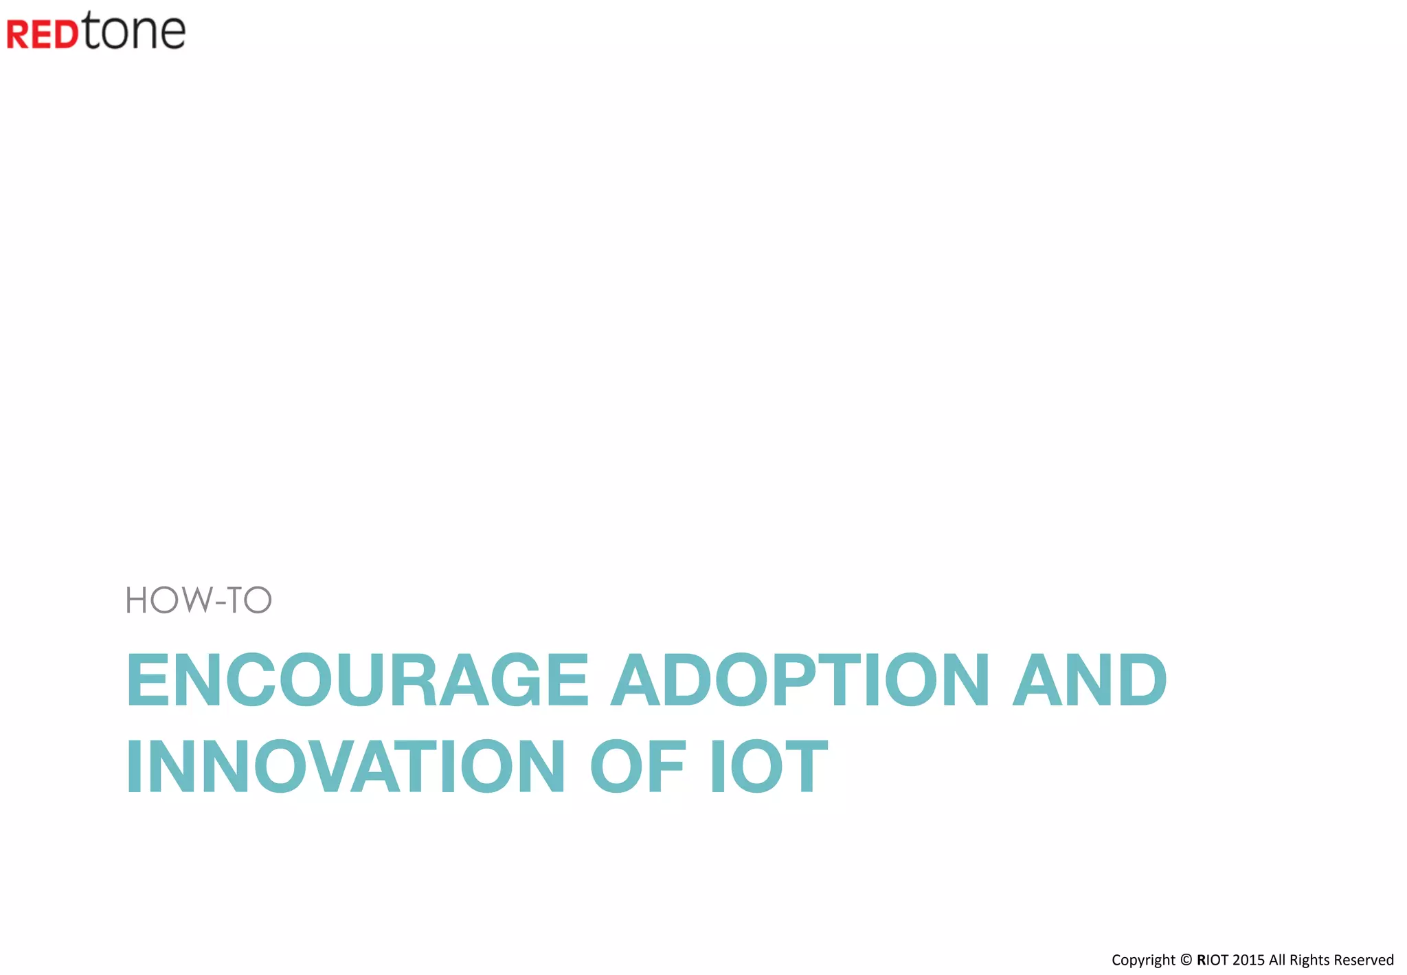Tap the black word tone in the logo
click(135, 32)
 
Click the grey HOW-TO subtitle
click(199, 600)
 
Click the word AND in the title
click(1090, 680)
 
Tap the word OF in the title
click(638, 766)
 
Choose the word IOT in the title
click(769, 766)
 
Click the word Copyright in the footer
click(1143, 961)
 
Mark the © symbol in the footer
click(1186, 960)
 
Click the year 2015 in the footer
click(1248, 960)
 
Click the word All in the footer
click(1277, 960)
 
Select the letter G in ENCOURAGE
click(513, 680)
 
